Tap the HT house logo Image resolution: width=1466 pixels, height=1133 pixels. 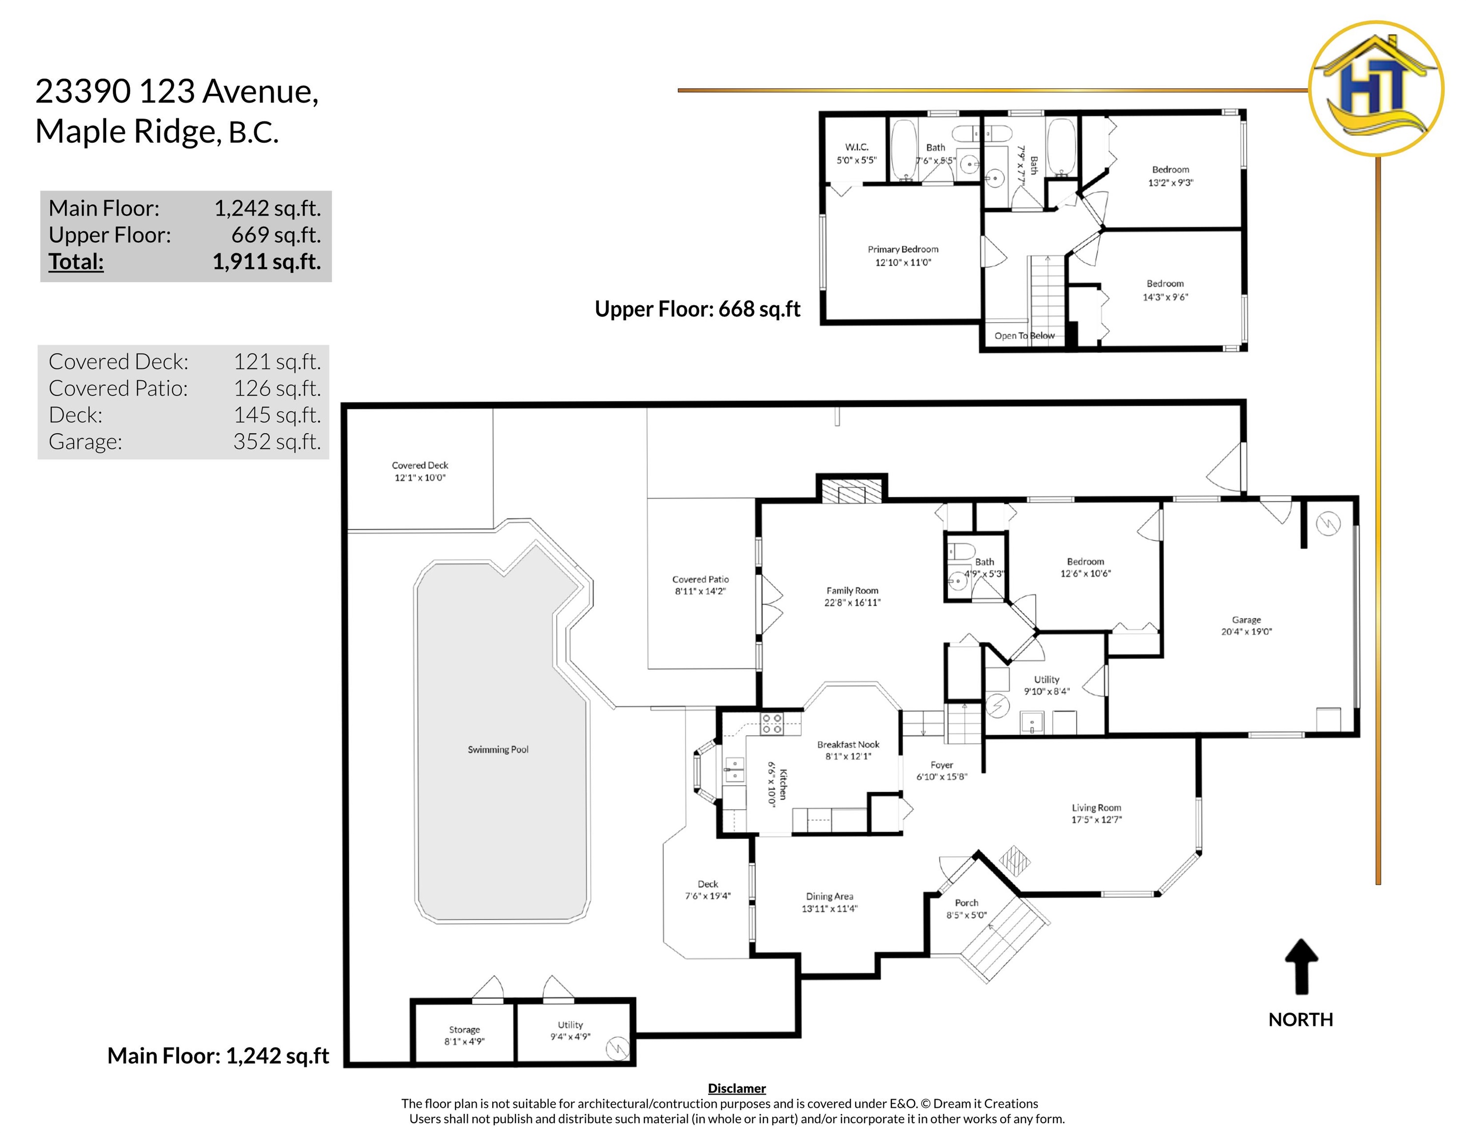[1376, 89]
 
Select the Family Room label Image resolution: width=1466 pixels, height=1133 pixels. [852, 591]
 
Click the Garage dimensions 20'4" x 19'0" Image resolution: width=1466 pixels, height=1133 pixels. [1247, 631]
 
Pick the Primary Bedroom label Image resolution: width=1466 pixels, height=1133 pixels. [903, 249]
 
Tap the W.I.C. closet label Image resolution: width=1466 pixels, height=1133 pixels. [857, 147]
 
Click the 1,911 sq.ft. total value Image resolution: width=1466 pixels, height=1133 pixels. [267, 262]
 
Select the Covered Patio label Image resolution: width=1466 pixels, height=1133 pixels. [700, 579]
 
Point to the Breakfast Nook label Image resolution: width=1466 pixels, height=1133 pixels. [848, 745]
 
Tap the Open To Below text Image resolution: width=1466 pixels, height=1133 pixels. [1024, 335]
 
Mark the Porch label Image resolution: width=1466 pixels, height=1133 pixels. [966, 903]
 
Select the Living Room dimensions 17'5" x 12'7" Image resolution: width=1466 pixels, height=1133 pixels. [1097, 820]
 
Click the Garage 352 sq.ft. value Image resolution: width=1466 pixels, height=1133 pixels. [277, 442]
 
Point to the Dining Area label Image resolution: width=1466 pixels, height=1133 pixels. [830, 896]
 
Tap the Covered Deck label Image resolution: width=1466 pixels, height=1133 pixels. [419, 465]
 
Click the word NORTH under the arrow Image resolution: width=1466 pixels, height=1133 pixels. [1301, 1019]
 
